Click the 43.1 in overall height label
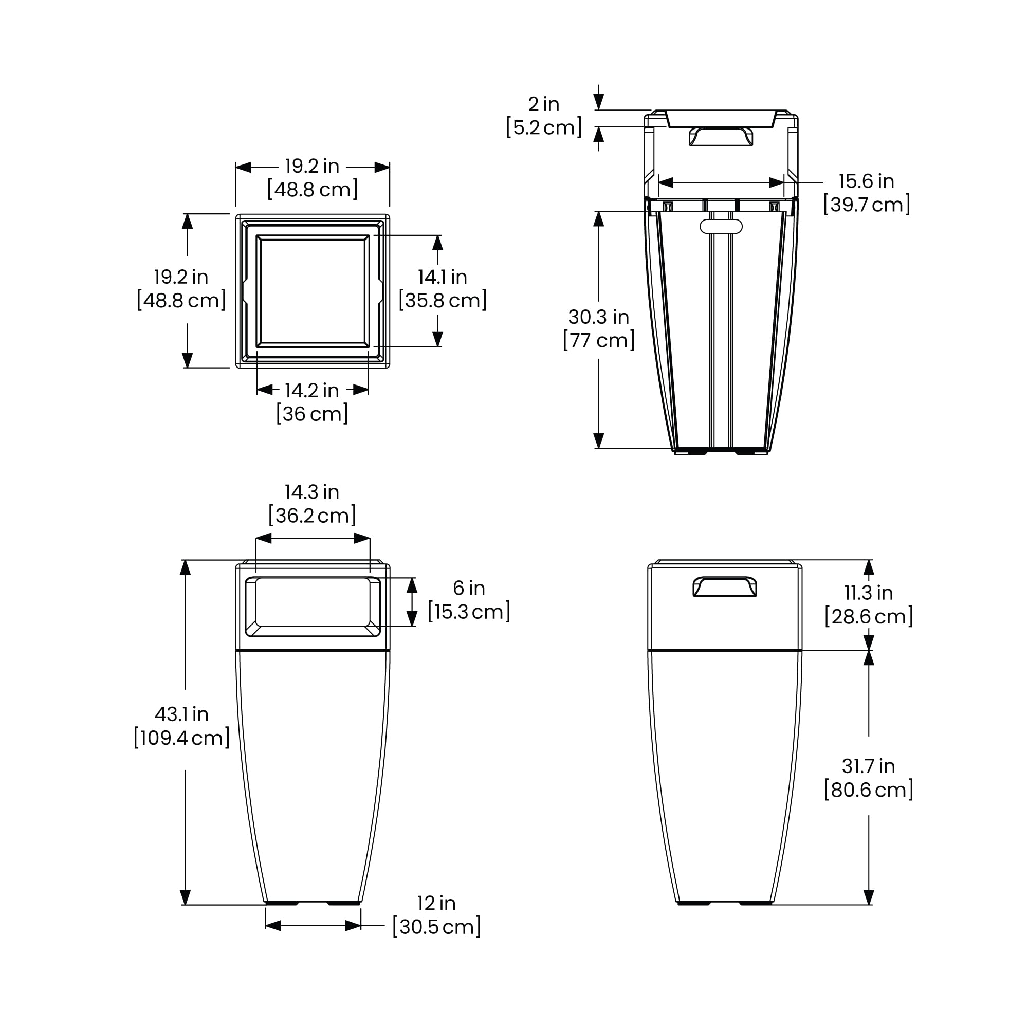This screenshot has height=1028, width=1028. point(181,714)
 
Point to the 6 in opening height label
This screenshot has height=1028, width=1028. point(469,588)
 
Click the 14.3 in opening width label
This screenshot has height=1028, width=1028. point(312,492)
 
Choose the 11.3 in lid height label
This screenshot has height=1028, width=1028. point(868,593)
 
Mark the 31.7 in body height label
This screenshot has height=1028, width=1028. point(868,766)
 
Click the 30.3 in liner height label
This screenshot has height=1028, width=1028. point(599,317)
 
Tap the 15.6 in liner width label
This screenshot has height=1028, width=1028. point(866,181)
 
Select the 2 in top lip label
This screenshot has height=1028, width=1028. point(544,104)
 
